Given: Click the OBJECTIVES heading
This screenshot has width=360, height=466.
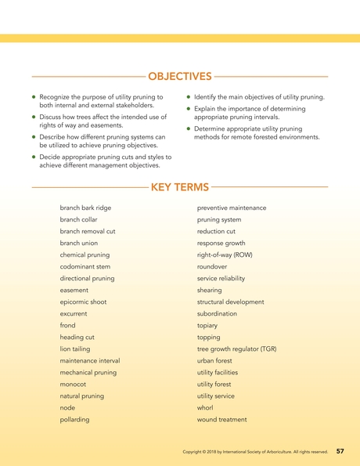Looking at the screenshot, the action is coord(179,76).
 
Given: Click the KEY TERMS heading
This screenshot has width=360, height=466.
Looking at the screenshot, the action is coord(179,187).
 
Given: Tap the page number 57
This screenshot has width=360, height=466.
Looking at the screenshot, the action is coord(340,452).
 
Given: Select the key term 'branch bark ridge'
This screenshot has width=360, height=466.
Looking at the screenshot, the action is coord(85,208).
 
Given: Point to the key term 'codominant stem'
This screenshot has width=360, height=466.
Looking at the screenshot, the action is coord(84,266).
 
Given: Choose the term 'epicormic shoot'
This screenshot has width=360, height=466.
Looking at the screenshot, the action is coord(83,302).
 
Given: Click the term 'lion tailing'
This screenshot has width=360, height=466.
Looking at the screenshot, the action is coord(76,349).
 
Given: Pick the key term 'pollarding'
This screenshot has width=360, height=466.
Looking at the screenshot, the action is coord(74,419).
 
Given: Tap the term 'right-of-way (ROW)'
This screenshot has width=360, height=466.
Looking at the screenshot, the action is coord(225,255).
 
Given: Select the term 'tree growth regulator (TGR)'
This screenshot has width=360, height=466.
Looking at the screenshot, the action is coord(236,349).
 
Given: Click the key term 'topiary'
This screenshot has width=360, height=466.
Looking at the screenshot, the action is coord(207,325).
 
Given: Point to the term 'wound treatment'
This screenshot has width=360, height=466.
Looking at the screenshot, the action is coord(221,419).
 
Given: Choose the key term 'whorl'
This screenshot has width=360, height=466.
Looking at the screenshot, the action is coord(205,407).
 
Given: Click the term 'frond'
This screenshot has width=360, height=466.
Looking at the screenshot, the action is coord(68,325).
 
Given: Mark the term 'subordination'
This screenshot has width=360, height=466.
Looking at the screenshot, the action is coord(218,313).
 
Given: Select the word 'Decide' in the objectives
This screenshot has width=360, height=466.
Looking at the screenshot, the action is coord(50,157).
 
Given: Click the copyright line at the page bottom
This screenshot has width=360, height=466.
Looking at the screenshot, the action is coord(254,453).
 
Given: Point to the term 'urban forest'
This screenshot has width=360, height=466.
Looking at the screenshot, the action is coord(215,360).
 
